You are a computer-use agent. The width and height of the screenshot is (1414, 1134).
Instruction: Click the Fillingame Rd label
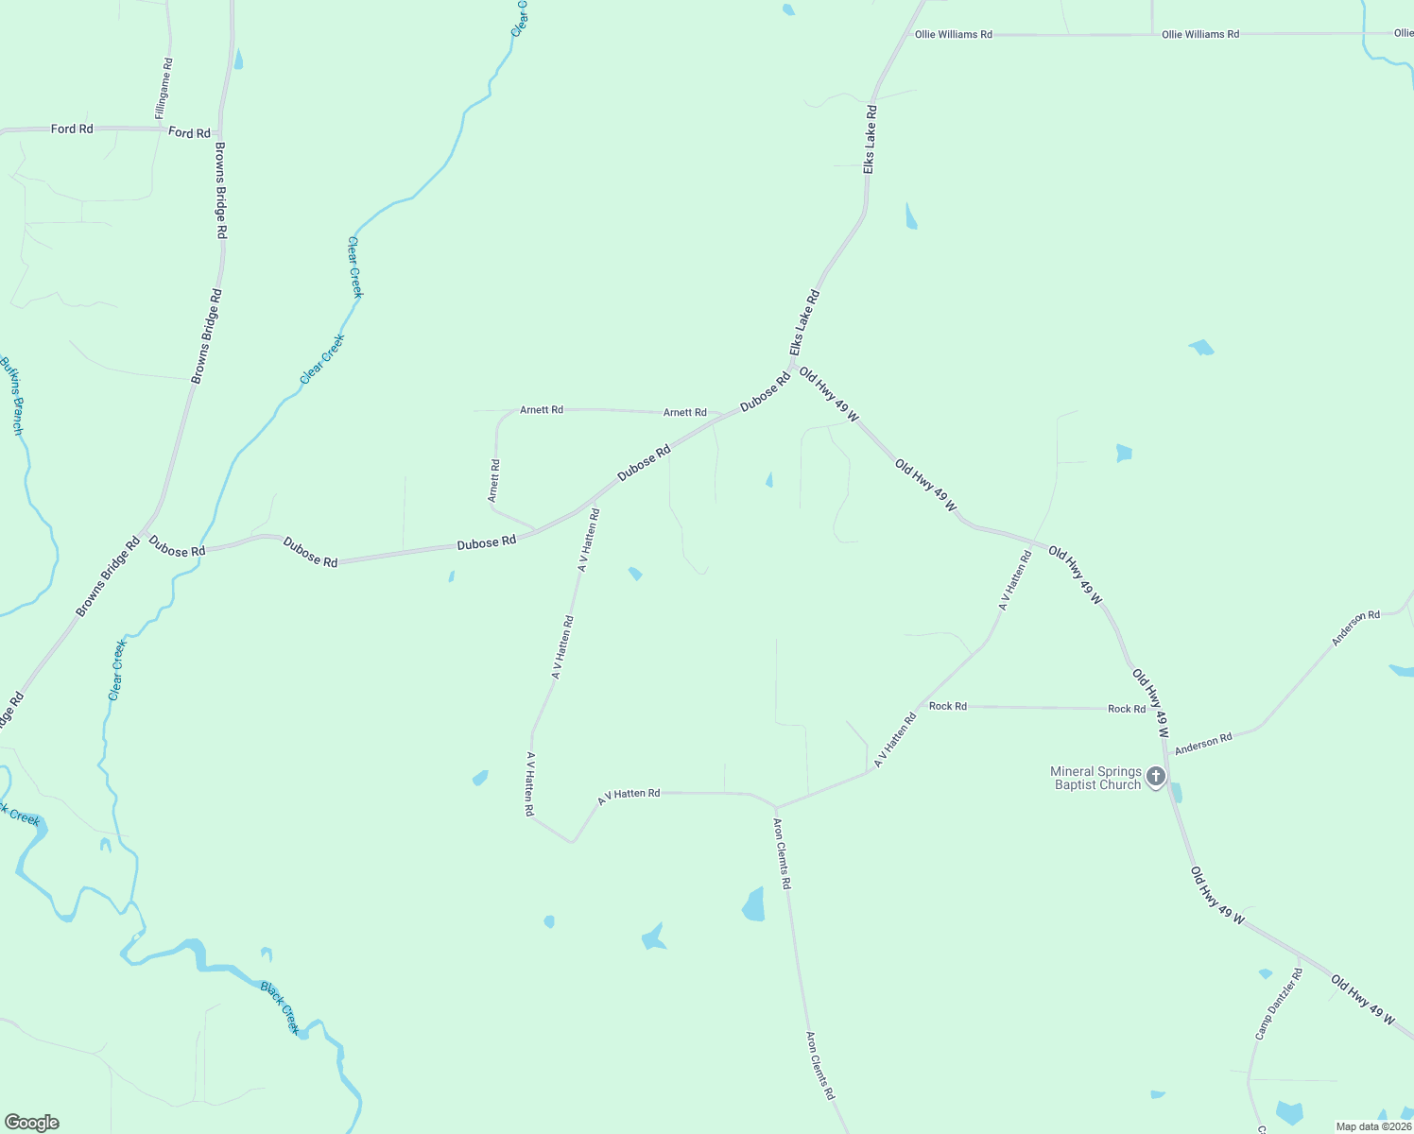(165, 90)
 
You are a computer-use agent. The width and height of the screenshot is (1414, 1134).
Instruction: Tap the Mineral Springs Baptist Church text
(1096, 778)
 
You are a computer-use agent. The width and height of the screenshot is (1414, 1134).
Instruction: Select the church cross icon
(1155, 777)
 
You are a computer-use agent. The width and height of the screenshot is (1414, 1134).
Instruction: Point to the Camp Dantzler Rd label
(1278, 1004)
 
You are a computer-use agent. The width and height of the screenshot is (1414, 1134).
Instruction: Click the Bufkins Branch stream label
(11, 395)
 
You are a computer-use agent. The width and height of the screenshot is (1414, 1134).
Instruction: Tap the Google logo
(31, 1123)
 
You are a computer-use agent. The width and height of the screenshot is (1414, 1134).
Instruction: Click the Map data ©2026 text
(1372, 1126)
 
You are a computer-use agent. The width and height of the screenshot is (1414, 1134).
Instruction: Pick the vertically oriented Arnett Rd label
(493, 480)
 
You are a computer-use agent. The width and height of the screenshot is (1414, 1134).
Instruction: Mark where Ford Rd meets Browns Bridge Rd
(221, 130)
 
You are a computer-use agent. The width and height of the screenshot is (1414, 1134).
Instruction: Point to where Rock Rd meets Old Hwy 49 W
(1162, 708)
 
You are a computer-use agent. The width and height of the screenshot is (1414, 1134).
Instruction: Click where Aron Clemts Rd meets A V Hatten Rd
(776, 808)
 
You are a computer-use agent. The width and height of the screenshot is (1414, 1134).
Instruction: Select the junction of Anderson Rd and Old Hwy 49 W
(1168, 755)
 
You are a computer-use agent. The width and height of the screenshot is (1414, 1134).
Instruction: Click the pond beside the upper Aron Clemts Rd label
(753, 905)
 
